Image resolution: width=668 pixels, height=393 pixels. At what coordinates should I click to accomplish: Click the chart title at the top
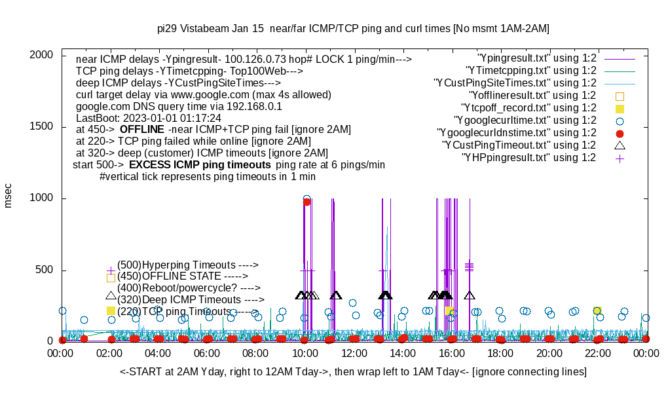(353, 29)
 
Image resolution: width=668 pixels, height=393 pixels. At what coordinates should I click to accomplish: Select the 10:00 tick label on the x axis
(305, 354)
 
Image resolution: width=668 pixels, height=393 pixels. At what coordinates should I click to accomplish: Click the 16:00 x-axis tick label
(451, 354)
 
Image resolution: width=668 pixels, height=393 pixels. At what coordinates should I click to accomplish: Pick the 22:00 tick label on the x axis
(597, 354)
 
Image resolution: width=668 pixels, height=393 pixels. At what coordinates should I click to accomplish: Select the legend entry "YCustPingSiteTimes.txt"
(515, 83)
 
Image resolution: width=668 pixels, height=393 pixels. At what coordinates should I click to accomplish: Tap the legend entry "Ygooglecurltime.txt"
(525, 121)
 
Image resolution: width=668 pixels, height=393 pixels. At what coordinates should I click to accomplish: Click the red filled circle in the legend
(620, 133)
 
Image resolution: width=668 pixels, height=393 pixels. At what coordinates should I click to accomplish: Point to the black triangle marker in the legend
(620, 145)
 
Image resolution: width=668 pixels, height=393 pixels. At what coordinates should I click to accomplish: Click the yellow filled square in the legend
(620, 108)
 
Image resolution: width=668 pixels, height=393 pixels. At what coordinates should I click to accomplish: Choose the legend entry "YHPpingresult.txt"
(529, 158)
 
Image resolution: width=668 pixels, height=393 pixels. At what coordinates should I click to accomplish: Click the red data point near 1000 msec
(306, 202)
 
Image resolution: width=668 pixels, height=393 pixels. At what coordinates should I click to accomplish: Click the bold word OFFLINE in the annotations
(141, 130)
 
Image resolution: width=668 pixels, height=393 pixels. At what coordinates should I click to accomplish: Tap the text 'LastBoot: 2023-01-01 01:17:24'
(149, 118)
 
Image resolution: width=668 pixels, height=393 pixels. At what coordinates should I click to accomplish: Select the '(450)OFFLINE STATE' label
(178, 276)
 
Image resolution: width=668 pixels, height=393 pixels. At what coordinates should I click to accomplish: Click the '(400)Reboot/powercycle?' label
(189, 288)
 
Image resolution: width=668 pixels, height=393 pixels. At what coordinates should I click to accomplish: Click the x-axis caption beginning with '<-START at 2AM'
(353, 372)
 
